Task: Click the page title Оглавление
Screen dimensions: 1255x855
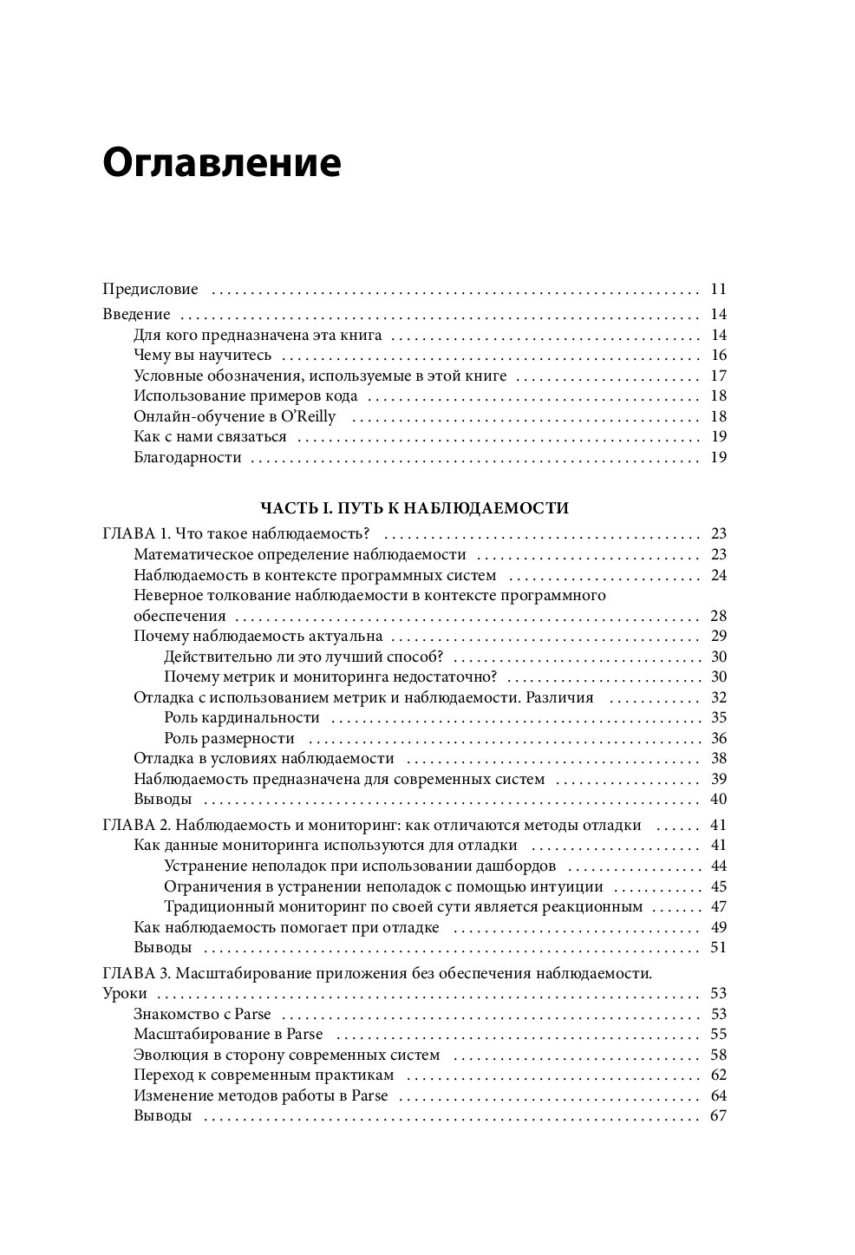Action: [x=221, y=163]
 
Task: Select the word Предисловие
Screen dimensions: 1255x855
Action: [x=150, y=289]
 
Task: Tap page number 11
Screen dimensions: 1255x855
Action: [x=717, y=289]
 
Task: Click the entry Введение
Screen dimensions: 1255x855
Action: [x=136, y=314]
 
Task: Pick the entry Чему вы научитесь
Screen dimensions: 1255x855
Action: [x=203, y=355]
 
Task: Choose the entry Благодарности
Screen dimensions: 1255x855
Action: [x=187, y=457]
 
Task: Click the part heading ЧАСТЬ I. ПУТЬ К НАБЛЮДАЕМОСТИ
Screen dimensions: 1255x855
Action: [x=414, y=508]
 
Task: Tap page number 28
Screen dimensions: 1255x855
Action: [x=717, y=617]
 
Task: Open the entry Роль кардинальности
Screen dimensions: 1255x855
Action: [x=242, y=718]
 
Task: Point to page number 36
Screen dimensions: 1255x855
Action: [x=717, y=739]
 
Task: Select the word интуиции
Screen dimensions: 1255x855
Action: [x=571, y=886]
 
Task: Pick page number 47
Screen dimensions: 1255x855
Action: [x=717, y=907]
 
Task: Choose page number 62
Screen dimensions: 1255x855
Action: [x=717, y=1075]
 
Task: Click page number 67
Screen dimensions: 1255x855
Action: [x=717, y=1116]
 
